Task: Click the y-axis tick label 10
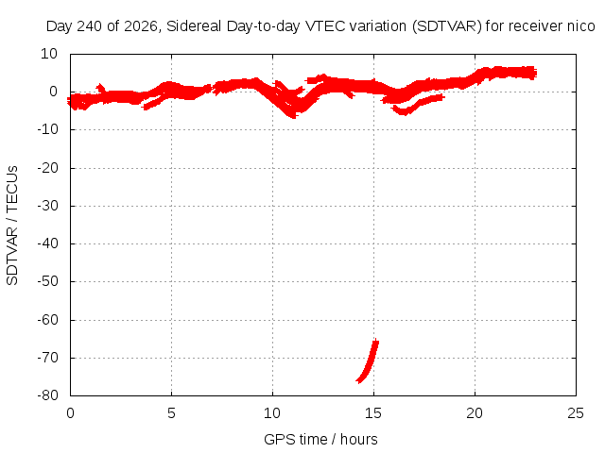(x=48, y=54)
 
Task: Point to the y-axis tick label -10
(x=47, y=129)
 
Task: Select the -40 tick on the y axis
(x=47, y=243)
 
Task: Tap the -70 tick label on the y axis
(x=47, y=358)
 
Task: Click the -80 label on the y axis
(x=47, y=395)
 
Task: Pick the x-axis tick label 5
(x=171, y=413)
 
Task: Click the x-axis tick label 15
(x=373, y=413)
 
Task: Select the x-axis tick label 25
(x=576, y=413)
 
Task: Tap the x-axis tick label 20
(x=475, y=413)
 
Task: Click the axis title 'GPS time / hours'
(x=320, y=440)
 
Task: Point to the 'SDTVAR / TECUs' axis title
(x=12, y=226)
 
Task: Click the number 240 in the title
(x=90, y=26)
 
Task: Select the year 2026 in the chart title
(x=141, y=26)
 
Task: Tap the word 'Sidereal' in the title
(x=194, y=26)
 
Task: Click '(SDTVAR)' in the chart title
(x=447, y=26)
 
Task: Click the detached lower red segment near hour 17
(x=417, y=104)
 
